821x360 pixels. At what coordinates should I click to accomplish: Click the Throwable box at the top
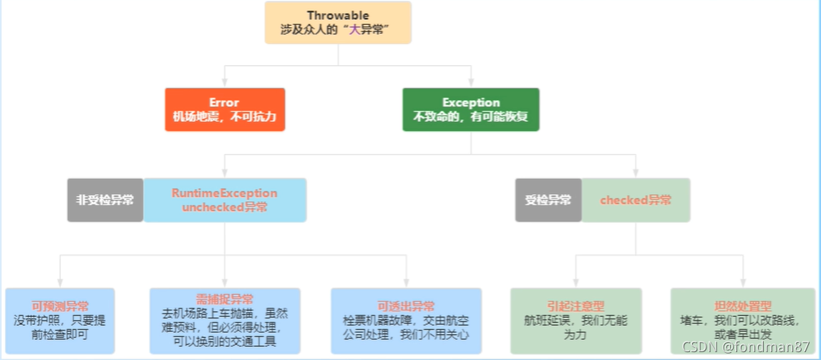[x=338, y=23]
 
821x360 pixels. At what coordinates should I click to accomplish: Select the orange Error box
[x=225, y=110]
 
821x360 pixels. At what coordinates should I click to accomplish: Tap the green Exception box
[x=470, y=110]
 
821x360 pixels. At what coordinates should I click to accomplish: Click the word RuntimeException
[x=224, y=193]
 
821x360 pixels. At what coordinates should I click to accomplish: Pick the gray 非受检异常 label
[x=105, y=200]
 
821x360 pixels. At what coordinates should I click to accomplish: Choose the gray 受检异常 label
[x=548, y=200]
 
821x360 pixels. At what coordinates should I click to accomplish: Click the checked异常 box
[x=636, y=200]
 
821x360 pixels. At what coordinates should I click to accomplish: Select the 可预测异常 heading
[x=60, y=306]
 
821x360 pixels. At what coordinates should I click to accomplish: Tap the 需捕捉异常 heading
[x=224, y=300]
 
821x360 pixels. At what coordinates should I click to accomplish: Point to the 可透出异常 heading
[x=406, y=306]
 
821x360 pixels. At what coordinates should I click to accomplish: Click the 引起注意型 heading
[x=575, y=306]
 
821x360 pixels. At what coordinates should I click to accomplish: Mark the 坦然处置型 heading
[x=743, y=306]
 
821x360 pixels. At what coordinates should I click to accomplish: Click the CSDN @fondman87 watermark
[x=745, y=347]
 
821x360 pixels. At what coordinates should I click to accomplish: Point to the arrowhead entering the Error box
[x=225, y=84]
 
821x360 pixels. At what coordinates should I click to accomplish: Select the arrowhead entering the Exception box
[x=470, y=84]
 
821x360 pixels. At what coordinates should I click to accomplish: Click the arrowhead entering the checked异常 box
[x=636, y=174]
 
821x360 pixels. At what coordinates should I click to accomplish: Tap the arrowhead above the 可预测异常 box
[x=60, y=283]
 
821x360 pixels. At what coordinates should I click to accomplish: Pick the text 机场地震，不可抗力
[x=225, y=117]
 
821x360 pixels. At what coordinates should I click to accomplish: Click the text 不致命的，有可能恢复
[x=470, y=117]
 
